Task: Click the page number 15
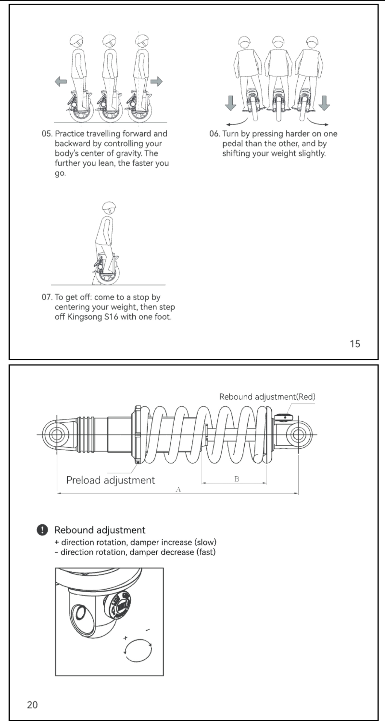pyautogui.click(x=355, y=344)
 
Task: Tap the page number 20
pyautogui.click(x=32, y=705)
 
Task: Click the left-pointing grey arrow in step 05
pyautogui.click(x=61, y=82)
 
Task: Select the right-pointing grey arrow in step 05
pyautogui.click(x=156, y=82)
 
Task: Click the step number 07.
pyautogui.click(x=47, y=297)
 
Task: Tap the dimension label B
pyautogui.click(x=237, y=479)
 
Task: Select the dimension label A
pyautogui.click(x=178, y=489)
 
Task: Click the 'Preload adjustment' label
pyautogui.click(x=111, y=480)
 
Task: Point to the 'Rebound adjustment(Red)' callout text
pyautogui.click(x=267, y=397)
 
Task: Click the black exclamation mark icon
pyautogui.click(x=43, y=530)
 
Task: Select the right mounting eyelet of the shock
pyautogui.click(x=298, y=435)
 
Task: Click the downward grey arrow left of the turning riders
pyautogui.click(x=230, y=103)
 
